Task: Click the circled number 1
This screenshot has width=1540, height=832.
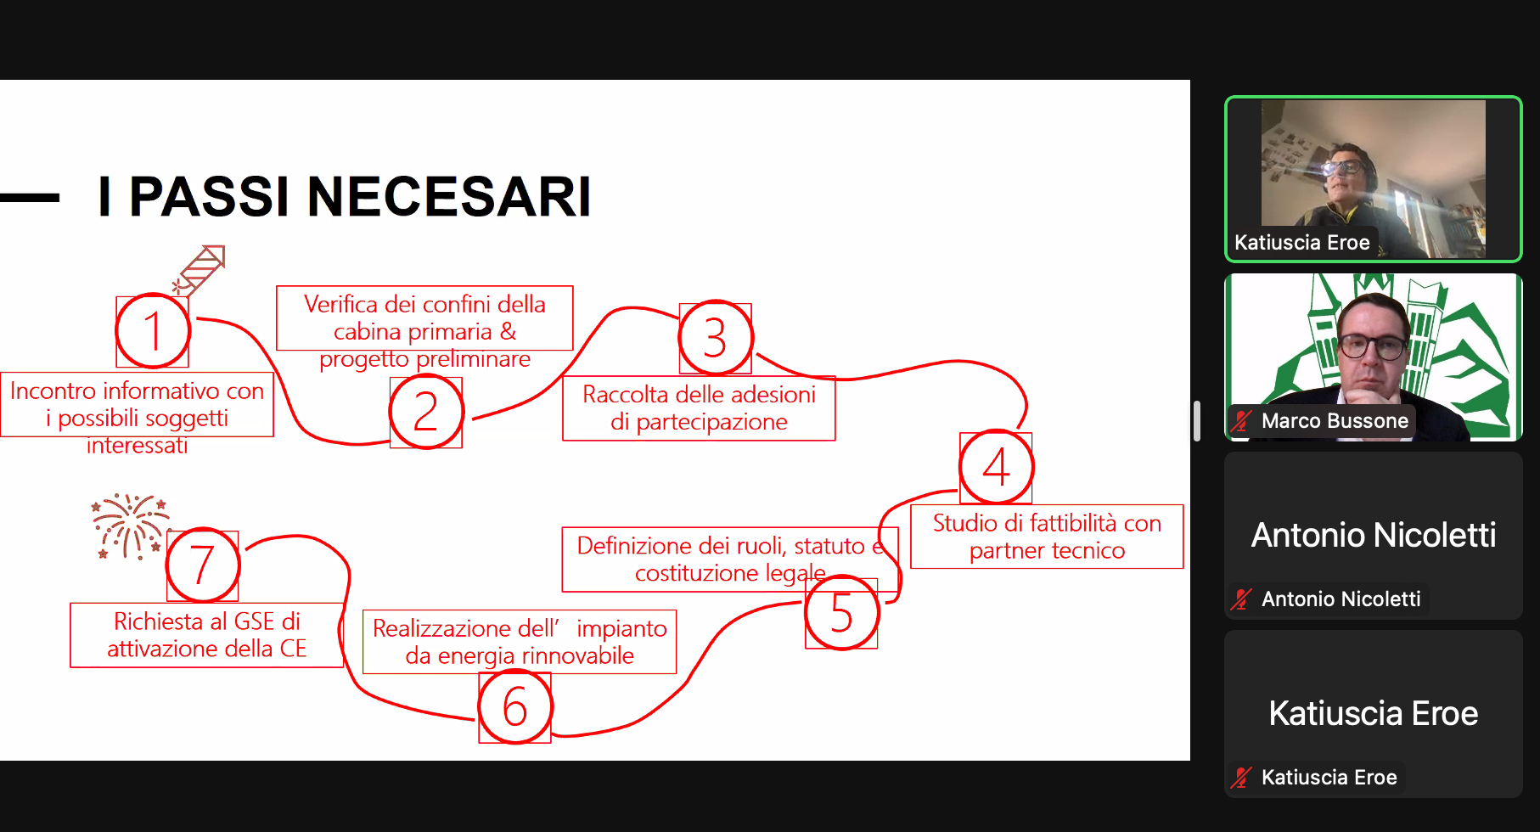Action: point(153,331)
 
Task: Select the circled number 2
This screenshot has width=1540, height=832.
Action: point(426,412)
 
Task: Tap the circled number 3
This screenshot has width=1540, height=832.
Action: point(716,338)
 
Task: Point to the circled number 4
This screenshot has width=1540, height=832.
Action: point(997,467)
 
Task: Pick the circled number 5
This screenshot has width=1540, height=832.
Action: point(841,612)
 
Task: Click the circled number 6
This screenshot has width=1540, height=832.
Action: point(515,707)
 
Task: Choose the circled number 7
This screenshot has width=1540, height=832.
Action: point(203,565)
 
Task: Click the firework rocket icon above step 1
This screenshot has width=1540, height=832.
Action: point(200,270)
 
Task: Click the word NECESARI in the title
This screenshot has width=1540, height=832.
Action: point(449,197)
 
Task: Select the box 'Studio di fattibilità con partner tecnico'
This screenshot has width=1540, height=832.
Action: point(1047,537)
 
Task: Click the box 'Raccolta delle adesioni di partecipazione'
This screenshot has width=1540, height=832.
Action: point(699,408)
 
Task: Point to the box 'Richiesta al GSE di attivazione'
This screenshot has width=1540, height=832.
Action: point(206,635)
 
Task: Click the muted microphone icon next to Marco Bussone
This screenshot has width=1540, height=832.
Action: point(1242,420)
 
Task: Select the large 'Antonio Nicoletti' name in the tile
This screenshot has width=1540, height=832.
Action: point(1374,535)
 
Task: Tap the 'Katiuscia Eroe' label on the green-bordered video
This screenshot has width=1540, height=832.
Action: point(1302,243)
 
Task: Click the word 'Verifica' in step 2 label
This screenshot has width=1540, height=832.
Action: point(341,304)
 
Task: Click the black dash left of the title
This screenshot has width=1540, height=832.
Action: point(30,198)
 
